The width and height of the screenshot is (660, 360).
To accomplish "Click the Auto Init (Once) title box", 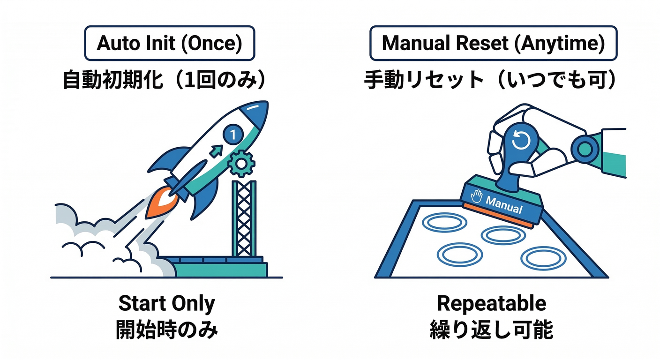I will (x=169, y=44).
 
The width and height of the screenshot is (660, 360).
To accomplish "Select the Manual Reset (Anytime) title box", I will (x=493, y=44).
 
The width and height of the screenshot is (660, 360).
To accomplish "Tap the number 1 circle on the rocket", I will (x=233, y=135).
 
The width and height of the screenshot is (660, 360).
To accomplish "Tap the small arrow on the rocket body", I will (x=216, y=151).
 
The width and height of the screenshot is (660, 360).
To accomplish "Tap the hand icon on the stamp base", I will (x=477, y=196).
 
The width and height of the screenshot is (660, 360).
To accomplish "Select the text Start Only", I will (x=166, y=304).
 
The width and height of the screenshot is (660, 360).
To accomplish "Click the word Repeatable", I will (x=491, y=303).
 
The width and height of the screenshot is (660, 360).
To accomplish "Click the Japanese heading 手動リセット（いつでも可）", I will (x=490, y=80).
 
